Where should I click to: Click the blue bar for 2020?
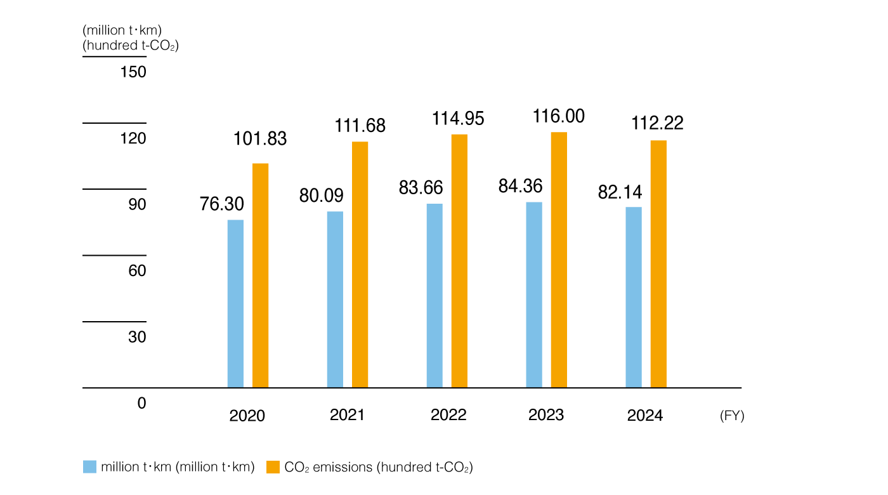pyautogui.click(x=235, y=303)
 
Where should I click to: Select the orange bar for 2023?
pyautogui.click(x=559, y=260)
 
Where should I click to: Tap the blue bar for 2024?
pyautogui.click(x=634, y=297)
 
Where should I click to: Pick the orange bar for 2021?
pyautogui.click(x=360, y=264)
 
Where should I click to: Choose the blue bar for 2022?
pyautogui.click(x=434, y=295)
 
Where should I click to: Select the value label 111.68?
pyautogui.click(x=360, y=126)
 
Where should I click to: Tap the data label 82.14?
pyautogui.click(x=620, y=192)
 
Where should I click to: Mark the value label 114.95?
pyautogui.click(x=458, y=119)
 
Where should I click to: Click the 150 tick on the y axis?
pyautogui.click(x=133, y=72)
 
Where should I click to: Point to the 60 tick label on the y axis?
pyautogui.click(x=137, y=271)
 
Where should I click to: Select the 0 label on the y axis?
pyautogui.click(x=141, y=404)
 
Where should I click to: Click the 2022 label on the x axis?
pyautogui.click(x=448, y=415)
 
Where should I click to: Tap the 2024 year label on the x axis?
pyautogui.click(x=645, y=416)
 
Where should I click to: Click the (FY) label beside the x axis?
pyautogui.click(x=732, y=416)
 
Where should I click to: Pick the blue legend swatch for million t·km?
pyautogui.click(x=90, y=467)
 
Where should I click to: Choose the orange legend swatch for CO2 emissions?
pyautogui.click(x=273, y=467)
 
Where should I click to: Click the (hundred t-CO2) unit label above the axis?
pyautogui.click(x=131, y=46)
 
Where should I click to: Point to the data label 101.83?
pyautogui.click(x=261, y=139)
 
